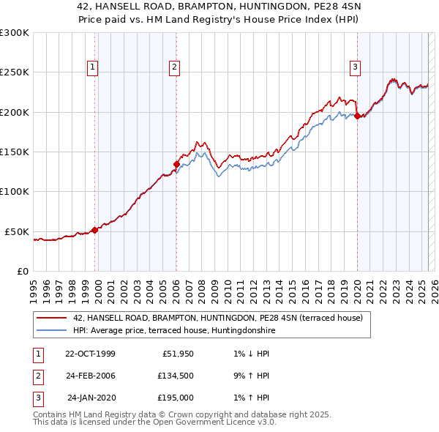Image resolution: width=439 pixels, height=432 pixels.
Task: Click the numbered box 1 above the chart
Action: point(94,68)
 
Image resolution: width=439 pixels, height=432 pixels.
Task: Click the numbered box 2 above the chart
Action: point(175,68)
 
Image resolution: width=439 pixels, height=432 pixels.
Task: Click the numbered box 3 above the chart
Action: point(355,68)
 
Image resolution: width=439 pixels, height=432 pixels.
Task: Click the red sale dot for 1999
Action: point(95,230)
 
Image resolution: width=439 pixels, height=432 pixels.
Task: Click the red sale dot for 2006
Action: point(176,164)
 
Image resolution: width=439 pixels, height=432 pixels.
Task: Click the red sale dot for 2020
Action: point(357,116)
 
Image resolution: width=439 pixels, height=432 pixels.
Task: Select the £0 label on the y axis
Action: point(22,271)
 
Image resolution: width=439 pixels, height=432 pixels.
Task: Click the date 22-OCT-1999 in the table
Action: point(90,354)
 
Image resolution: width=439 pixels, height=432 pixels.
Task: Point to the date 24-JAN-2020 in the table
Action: point(91,398)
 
